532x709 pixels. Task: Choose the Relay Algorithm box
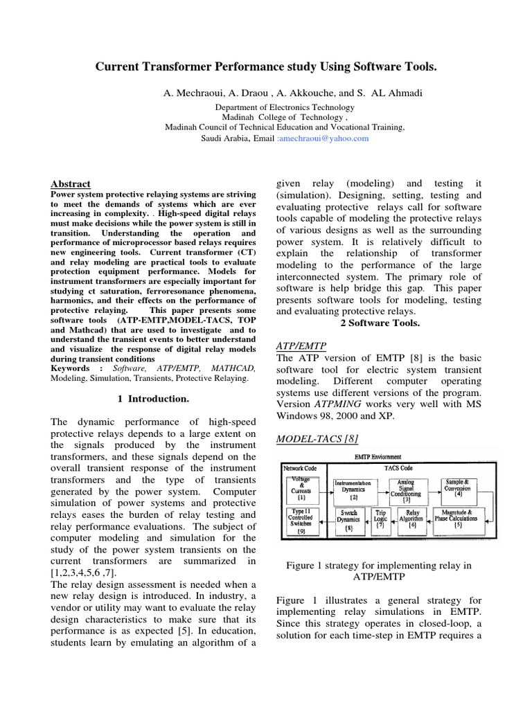click(x=413, y=521)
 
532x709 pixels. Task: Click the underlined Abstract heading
click(x=71, y=184)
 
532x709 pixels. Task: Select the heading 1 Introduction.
click(x=149, y=399)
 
